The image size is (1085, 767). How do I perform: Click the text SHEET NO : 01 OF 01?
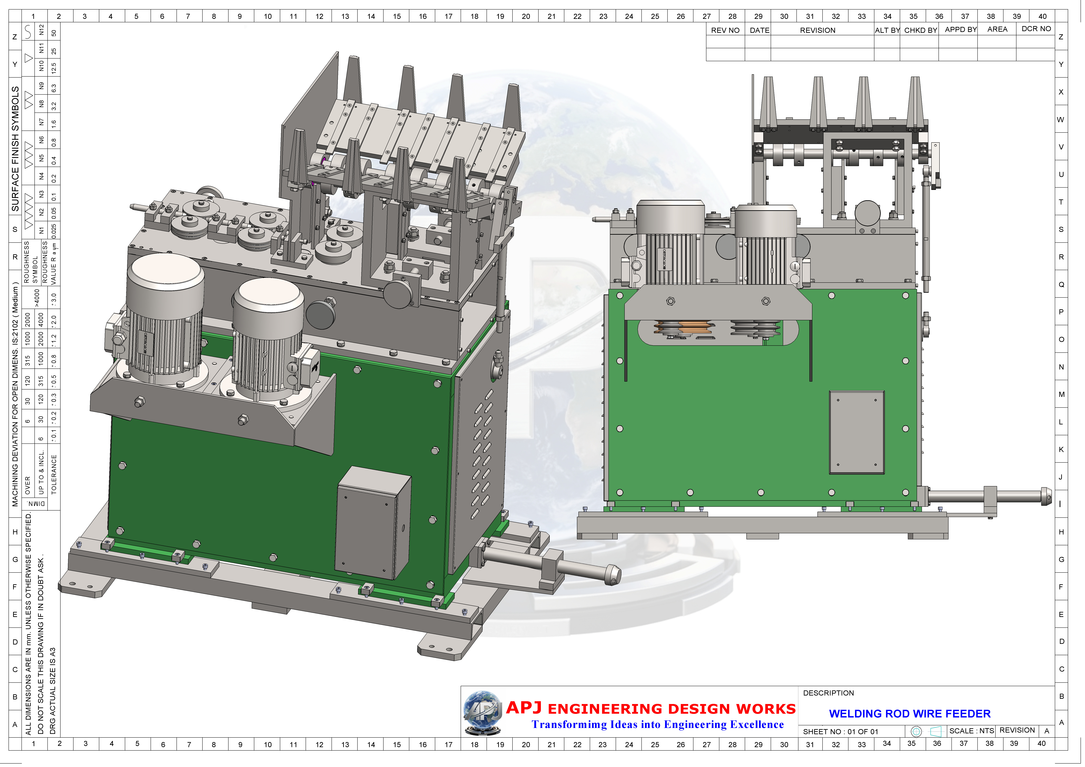840,732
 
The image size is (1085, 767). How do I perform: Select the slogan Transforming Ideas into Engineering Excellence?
657,725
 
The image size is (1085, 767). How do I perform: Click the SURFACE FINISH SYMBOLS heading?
16,149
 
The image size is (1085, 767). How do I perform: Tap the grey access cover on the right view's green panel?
857,432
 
